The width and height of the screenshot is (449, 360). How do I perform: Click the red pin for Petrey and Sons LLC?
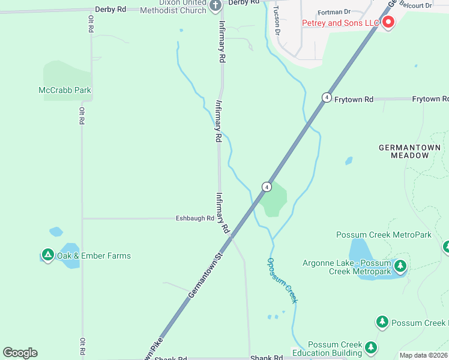388,23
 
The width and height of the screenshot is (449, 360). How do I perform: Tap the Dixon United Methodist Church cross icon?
216,7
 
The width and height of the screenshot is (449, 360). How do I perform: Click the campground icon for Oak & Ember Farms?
47,256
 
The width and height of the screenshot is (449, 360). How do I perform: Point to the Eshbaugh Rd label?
194,218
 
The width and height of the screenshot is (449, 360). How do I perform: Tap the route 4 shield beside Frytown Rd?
326,97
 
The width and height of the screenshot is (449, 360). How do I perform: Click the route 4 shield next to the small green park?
265,187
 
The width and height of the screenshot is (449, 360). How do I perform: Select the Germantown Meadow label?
410,151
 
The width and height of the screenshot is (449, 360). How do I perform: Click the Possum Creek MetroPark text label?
384,235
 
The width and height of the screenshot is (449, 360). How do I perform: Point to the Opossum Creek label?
282,280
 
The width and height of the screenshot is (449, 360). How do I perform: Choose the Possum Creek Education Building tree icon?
372,347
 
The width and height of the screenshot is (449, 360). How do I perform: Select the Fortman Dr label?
333,11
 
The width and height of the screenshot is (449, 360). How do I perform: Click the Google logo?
20,353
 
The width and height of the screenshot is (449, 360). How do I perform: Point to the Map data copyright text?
423,355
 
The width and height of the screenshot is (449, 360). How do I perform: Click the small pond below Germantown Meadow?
349,161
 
